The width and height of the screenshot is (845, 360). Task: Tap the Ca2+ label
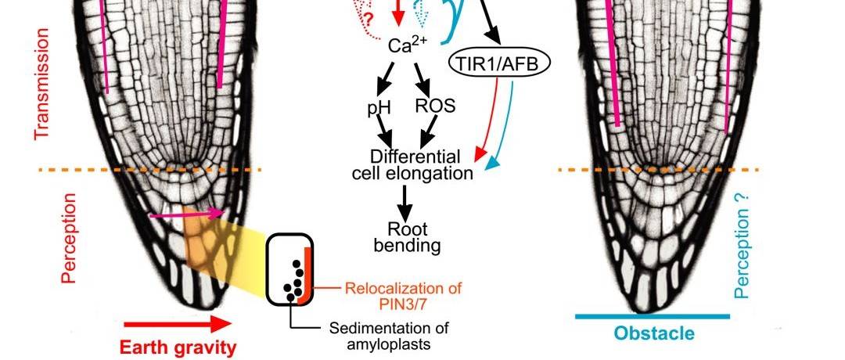point(409,46)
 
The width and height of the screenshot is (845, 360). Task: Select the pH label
point(379,107)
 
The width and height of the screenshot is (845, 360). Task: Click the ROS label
point(435,104)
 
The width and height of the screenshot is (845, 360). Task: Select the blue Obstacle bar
point(653,316)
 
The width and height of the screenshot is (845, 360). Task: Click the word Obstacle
point(654,334)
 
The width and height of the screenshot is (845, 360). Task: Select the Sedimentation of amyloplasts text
point(383,334)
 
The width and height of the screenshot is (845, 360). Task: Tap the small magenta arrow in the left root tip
point(187,213)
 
